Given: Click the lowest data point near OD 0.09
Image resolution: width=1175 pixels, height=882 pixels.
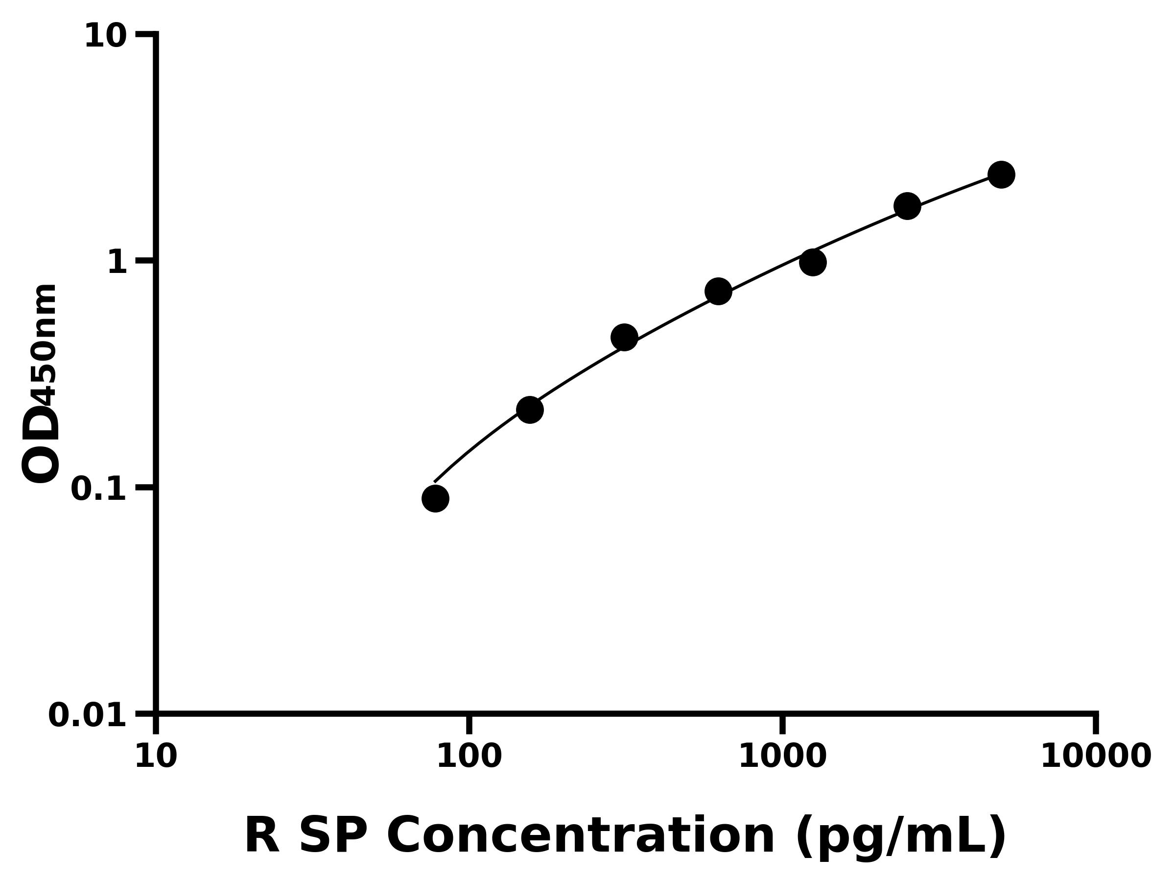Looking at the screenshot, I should click(435, 499).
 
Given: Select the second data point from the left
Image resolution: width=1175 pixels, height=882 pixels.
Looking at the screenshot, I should click(530, 409).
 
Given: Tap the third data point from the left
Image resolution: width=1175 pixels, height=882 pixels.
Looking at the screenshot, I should click(624, 337).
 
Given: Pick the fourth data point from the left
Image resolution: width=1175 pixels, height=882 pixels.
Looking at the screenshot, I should click(718, 292).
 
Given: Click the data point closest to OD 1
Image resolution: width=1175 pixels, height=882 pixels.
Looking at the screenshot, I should click(813, 262).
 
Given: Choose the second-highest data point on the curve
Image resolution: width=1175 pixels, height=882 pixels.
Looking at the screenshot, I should click(907, 206).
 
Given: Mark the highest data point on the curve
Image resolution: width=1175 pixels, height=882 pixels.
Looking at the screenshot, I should click(1001, 174).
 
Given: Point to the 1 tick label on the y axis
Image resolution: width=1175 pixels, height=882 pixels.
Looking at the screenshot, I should click(117, 263).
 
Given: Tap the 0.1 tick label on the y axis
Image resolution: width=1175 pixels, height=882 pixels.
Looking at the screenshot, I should click(99, 489).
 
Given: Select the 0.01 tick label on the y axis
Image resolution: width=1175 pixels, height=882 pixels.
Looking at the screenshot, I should click(88, 715).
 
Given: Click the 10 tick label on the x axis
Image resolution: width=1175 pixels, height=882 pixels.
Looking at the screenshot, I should click(156, 757).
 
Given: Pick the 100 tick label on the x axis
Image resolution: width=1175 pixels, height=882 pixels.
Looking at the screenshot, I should click(469, 757).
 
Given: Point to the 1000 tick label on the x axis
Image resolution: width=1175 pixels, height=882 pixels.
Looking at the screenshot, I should click(782, 757).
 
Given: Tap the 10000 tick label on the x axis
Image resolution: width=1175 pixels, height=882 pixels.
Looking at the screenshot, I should click(1096, 757).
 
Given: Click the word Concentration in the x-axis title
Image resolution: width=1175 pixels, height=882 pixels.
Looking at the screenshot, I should click(581, 836).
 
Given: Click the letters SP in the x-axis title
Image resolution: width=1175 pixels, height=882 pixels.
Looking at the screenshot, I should click(333, 836).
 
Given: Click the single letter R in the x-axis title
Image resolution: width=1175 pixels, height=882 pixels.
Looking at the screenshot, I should click(262, 836).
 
